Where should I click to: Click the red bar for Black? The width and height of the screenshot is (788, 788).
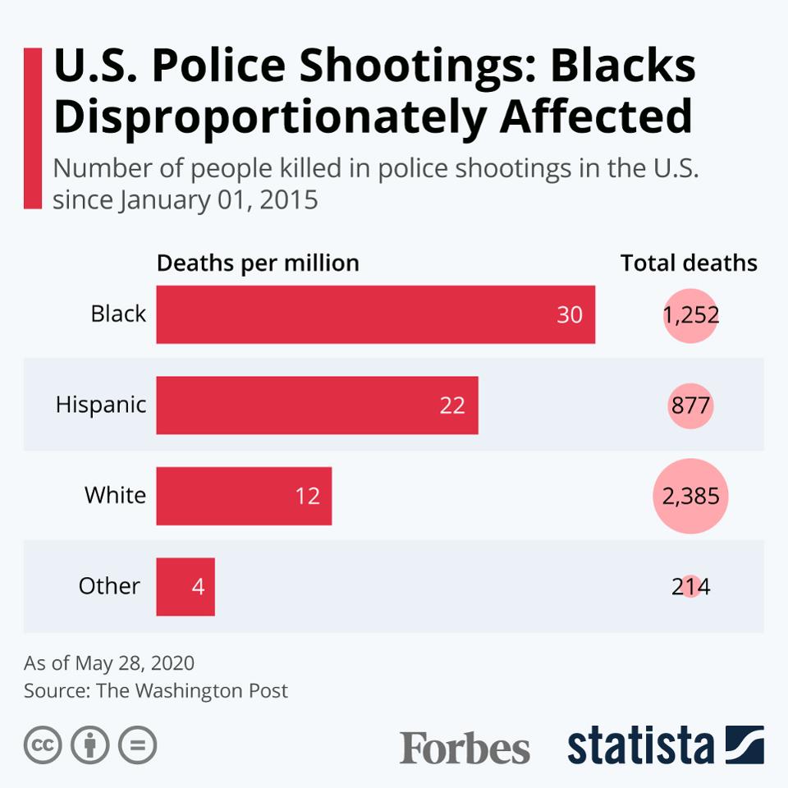click(x=375, y=314)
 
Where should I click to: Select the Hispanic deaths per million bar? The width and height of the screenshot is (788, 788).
click(x=317, y=405)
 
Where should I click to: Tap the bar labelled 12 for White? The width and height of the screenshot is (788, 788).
click(x=244, y=496)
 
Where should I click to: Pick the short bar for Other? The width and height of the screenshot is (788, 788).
click(x=186, y=587)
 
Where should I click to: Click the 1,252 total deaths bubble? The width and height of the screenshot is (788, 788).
click(x=691, y=315)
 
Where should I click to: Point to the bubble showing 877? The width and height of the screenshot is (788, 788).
click(x=691, y=405)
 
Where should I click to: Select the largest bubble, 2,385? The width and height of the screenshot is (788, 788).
click(x=691, y=496)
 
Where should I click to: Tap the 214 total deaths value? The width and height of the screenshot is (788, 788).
click(x=691, y=587)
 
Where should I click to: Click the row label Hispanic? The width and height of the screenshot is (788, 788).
click(x=101, y=405)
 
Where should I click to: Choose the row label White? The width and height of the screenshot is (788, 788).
click(x=115, y=496)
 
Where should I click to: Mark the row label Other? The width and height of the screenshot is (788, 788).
click(x=109, y=586)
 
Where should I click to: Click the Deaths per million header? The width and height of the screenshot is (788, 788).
click(x=258, y=263)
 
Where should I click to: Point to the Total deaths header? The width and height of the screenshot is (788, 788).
click(x=689, y=263)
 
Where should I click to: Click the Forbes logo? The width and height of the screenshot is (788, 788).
click(x=465, y=748)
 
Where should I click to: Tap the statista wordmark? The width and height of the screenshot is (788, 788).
click(x=641, y=745)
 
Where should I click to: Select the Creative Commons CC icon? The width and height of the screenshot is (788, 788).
click(x=44, y=745)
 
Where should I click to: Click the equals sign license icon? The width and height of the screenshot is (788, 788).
click(x=137, y=745)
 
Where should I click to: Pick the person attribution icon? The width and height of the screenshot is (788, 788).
click(x=90, y=745)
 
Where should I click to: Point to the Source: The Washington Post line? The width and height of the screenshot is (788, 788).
click(x=156, y=690)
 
